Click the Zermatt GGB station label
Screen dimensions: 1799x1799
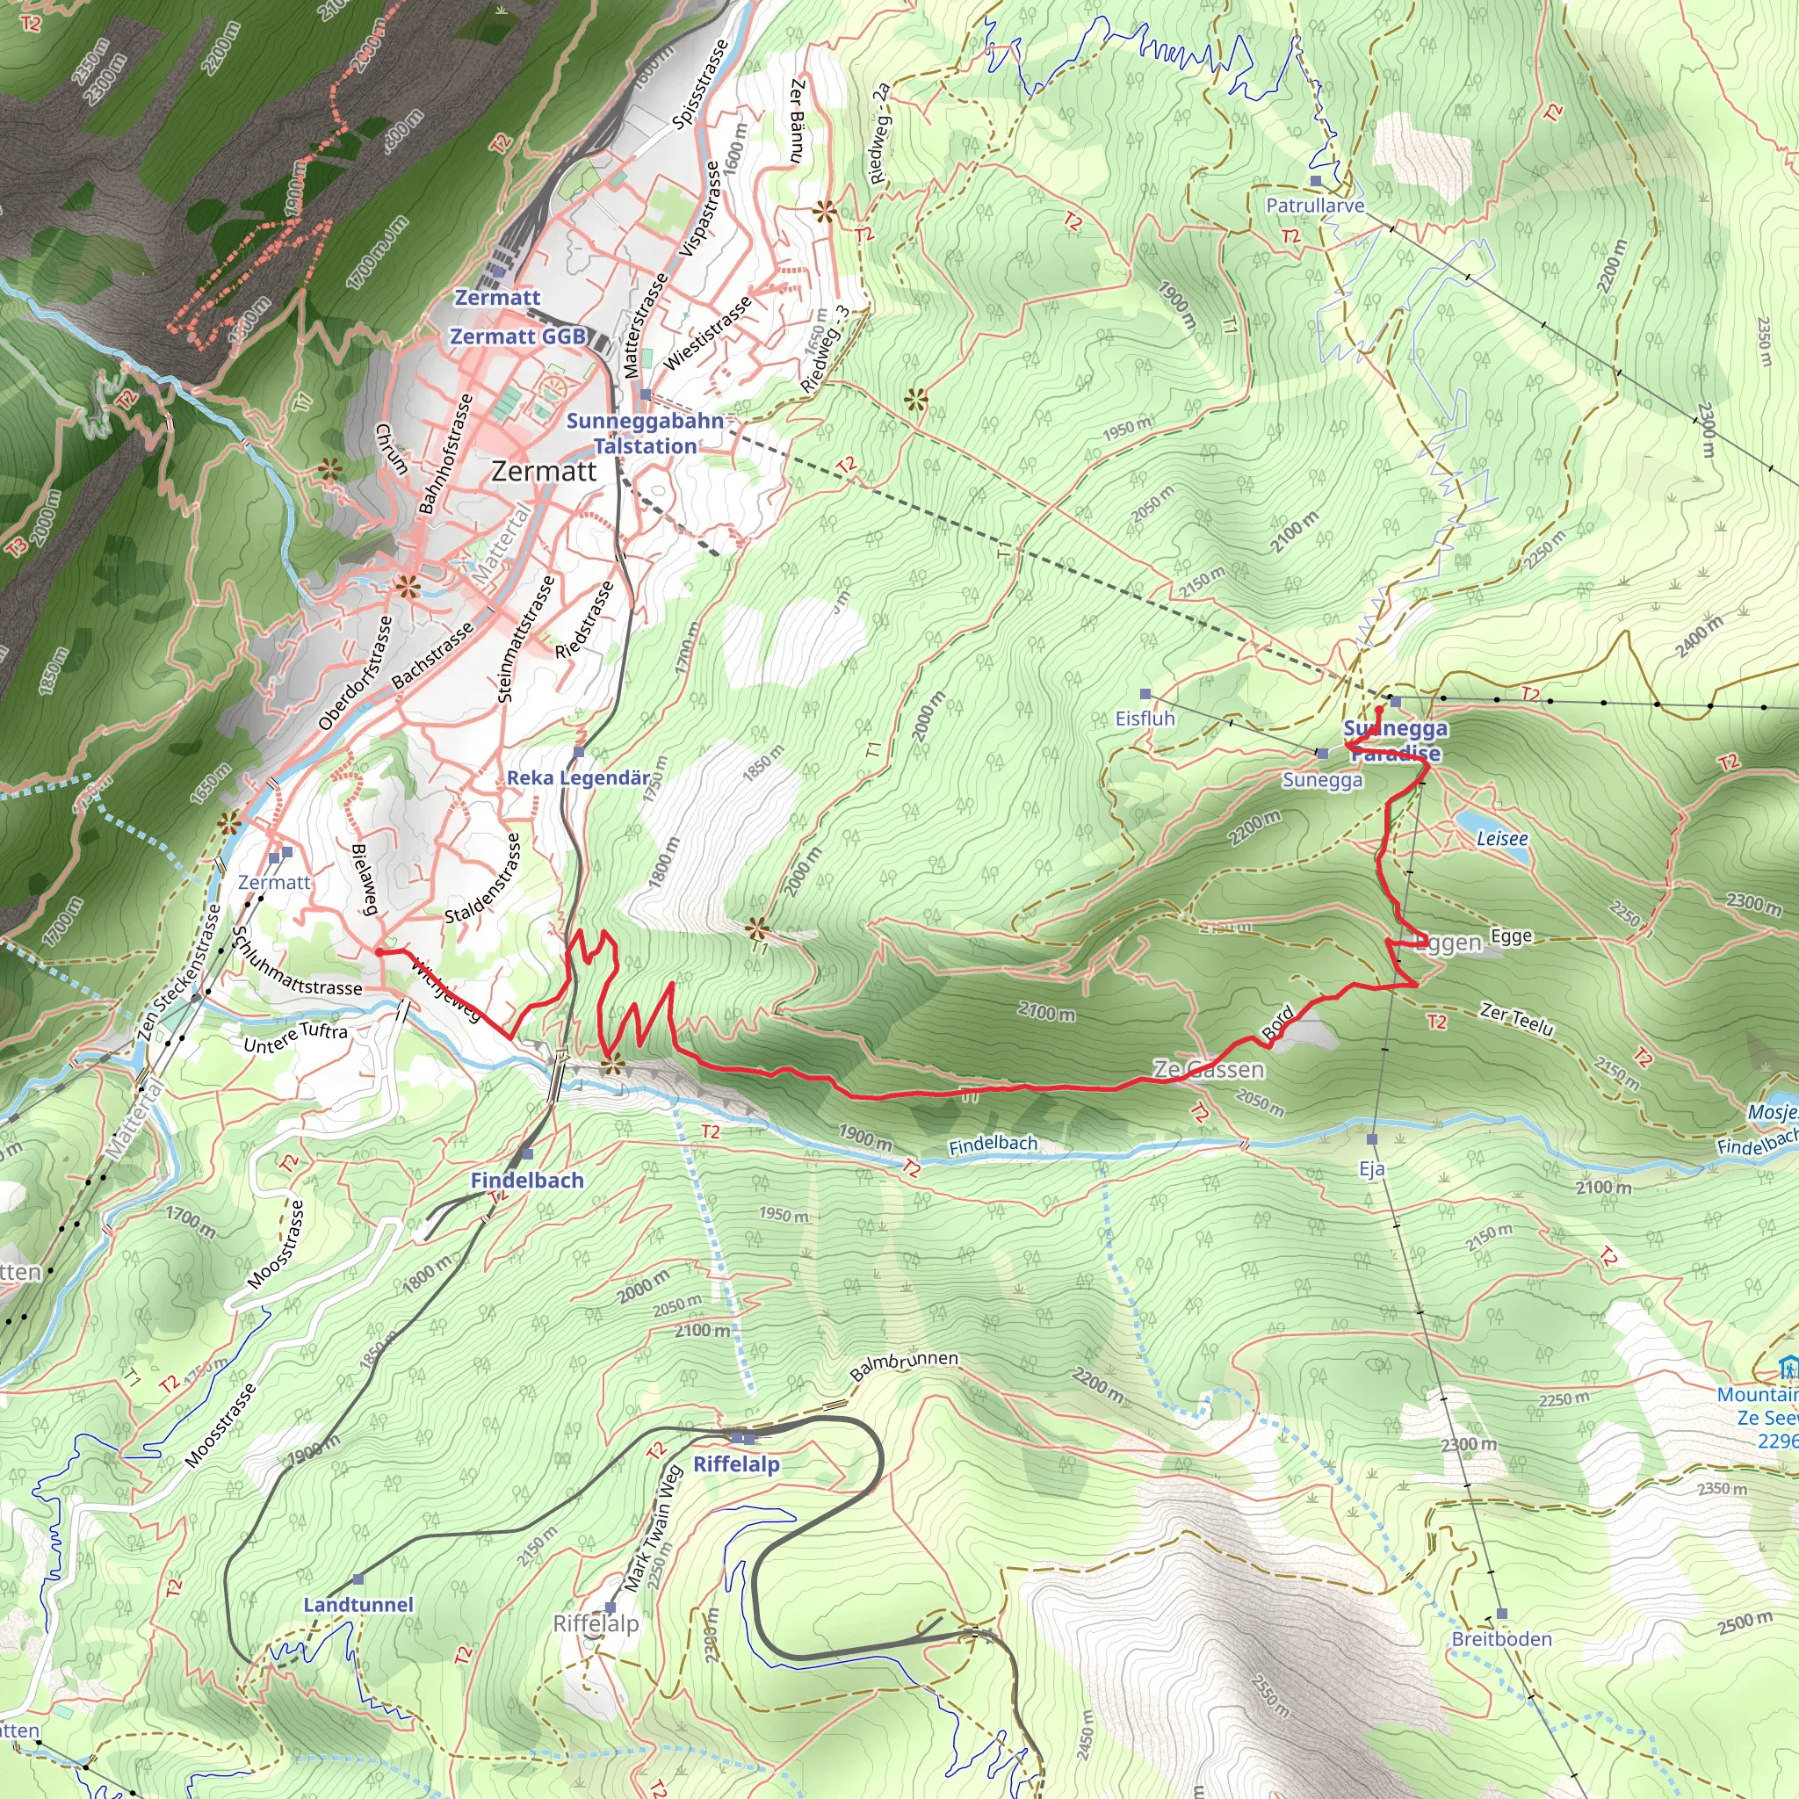coord(517,336)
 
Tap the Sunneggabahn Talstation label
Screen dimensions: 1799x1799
coord(646,434)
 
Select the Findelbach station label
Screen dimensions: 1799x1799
coord(527,1181)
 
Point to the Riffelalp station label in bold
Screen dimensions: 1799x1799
coord(736,1463)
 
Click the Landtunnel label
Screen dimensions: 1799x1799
coord(358,1604)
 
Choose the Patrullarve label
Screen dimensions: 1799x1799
coord(1315,205)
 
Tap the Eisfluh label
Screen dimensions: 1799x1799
coord(1145,719)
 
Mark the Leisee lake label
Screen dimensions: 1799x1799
coord(1502,839)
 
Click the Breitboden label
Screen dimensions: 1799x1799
coord(1501,1639)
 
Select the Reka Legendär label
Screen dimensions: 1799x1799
coord(578,777)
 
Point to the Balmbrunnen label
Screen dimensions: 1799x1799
coord(903,1365)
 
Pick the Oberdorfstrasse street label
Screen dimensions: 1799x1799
coord(356,672)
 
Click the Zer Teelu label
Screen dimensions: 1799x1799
coord(1517,1020)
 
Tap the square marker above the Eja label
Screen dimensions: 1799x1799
coord(1371,1138)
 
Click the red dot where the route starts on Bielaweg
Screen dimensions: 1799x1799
coord(379,951)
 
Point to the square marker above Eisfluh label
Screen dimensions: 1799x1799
coord(1145,694)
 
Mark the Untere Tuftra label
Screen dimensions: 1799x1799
coord(295,1037)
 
